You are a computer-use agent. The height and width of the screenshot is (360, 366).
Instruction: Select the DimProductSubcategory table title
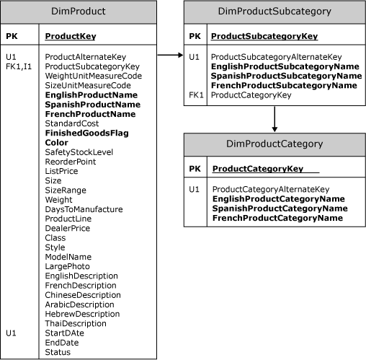pyautogui.click(x=274, y=12)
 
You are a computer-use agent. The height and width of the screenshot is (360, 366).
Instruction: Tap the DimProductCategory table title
pyautogui.click(x=274, y=144)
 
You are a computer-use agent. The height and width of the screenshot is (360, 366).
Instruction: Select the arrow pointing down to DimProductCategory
pyautogui.click(x=274, y=119)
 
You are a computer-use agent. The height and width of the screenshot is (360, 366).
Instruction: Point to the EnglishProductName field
pyautogui.click(x=91, y=95)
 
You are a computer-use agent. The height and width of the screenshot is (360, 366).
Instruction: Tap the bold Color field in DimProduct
pyautogui.click(x=57, y=143)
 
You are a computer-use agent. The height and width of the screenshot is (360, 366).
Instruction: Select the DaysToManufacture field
pyautogui.click(x=84, y=209)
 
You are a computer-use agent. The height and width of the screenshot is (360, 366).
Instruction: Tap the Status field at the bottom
pyautogui.click(x=58, y=352)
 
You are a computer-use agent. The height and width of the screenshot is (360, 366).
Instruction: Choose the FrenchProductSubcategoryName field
pyautogui.click(x=285, y=84)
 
